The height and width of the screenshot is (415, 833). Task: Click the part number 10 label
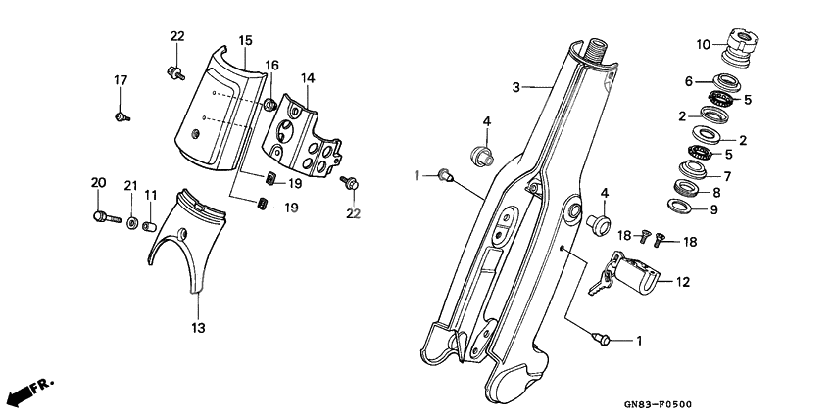(704, 44)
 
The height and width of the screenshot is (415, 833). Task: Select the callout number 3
(515, 87)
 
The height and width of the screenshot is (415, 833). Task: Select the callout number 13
(198, 328)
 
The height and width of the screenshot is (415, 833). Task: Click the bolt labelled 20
(103, 216)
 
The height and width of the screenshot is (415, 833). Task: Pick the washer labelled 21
(132, 223)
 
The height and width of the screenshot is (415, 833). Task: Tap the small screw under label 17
(121, 116)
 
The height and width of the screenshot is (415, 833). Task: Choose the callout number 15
(245, 40)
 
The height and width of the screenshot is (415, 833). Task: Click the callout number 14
(308, 77)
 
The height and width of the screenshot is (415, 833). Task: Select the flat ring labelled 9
(677, 205)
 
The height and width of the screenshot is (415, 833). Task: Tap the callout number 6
(689, 81)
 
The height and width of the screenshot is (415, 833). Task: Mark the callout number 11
(151, 195)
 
